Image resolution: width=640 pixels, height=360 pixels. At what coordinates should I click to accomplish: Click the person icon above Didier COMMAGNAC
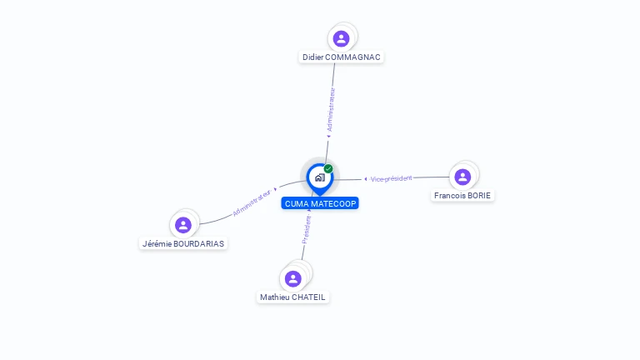point(341,39)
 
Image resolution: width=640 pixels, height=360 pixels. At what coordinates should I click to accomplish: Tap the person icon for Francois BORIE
point(462,177)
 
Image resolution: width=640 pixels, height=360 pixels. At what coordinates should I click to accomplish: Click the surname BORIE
point(479,196)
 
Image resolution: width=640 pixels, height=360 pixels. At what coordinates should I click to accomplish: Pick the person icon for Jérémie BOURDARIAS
point(183,225)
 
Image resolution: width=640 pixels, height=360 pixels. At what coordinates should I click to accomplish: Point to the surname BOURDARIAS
point(199,243)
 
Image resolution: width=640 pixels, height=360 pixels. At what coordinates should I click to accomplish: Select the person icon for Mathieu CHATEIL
point(293,279)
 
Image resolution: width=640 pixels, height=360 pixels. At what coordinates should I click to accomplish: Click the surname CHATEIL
point(308,297)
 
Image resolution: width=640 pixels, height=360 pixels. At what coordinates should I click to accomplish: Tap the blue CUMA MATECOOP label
point(320,203)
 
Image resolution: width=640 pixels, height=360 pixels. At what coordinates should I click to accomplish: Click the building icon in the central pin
point(320,177)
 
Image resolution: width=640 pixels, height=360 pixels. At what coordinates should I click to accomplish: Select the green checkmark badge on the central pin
point(328,168)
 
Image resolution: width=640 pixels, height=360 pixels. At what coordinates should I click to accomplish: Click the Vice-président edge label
point(391,179)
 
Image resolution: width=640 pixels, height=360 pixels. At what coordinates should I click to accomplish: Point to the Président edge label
point(307,229)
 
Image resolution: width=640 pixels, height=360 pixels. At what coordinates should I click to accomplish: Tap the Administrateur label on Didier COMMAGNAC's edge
point(331,110)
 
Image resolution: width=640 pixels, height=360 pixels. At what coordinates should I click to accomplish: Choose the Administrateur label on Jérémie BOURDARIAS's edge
point(252,202)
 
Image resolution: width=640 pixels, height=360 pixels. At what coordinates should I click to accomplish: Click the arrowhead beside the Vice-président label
point(365,179)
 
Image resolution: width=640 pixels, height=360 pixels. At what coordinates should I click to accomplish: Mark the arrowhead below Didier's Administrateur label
point(328,137)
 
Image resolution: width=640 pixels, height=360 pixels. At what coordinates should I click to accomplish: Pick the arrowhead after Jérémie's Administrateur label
point(276,189)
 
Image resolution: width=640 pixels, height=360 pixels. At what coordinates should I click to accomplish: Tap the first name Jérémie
point(157,243)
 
